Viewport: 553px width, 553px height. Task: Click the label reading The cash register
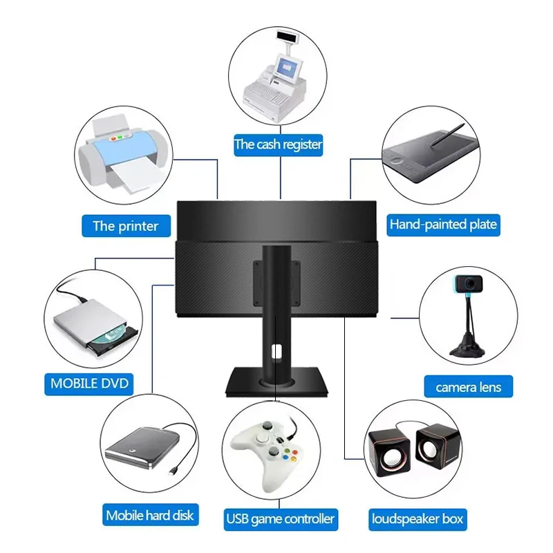(279, 145)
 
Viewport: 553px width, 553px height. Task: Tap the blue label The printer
(126, 226)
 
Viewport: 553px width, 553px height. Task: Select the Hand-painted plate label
(443, 225)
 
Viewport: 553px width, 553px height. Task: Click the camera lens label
(468, 387)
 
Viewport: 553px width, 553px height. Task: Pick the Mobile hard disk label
(150, 515)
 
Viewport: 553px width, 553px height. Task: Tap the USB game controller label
(281, 518)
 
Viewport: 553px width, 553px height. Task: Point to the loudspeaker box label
(418, 518)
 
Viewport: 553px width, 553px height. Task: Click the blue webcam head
(467, 283)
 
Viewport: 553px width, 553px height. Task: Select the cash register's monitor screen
(286, 66)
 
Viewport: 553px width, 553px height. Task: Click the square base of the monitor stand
(276, 382)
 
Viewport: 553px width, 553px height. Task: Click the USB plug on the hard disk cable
(174, 473)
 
